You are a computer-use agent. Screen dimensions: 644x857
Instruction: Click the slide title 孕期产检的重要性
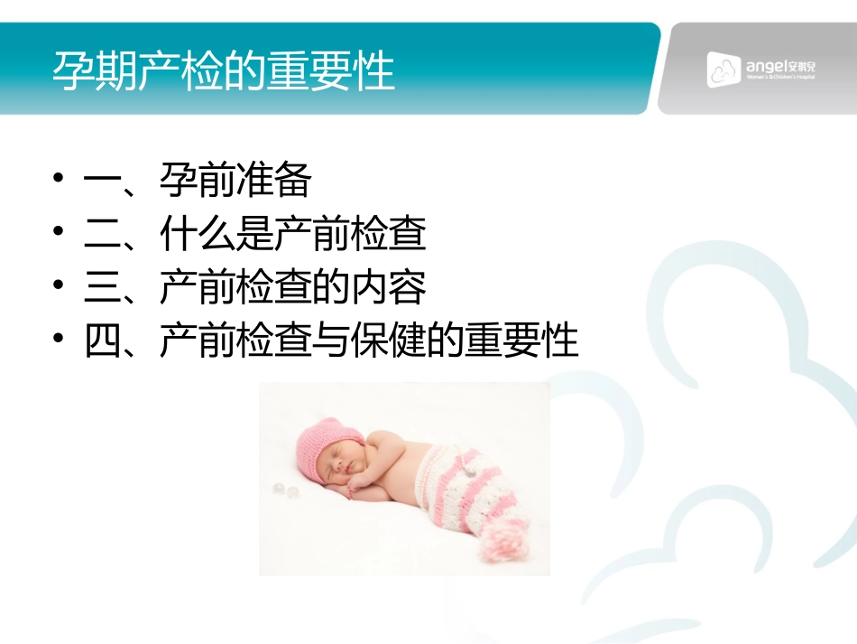click(x=224, y=71)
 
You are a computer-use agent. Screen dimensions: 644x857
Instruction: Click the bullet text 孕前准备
click(x=235, y=182)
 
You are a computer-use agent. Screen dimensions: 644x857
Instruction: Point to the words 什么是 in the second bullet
click(x=217, y=235)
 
